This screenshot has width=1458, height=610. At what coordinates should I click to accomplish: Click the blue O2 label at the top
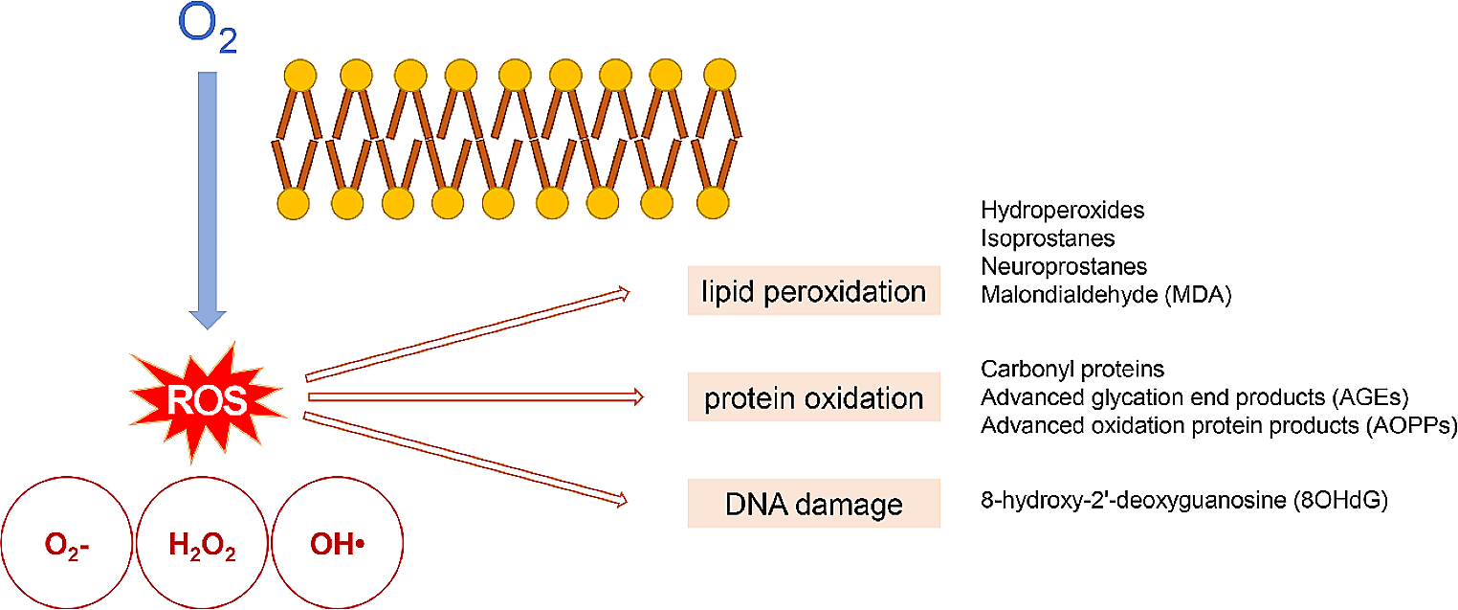[x=207, y=30]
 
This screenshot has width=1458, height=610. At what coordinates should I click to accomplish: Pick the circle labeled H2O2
[x=202, y=547]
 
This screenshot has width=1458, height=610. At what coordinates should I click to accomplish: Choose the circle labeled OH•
[x=338, y=547]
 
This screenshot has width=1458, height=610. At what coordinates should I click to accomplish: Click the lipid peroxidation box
[x=813, y=291]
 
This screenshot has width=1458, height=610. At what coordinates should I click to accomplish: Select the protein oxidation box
[x=813, y=397]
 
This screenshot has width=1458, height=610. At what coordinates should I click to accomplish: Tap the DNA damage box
[x=813, y=504]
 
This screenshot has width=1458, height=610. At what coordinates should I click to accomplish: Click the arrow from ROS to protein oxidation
[x=474, y=395]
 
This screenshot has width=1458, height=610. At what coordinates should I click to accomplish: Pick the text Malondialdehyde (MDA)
[x=1106, y=295]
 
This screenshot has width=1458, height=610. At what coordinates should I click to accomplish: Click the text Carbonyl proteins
[x=1071, y=369]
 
